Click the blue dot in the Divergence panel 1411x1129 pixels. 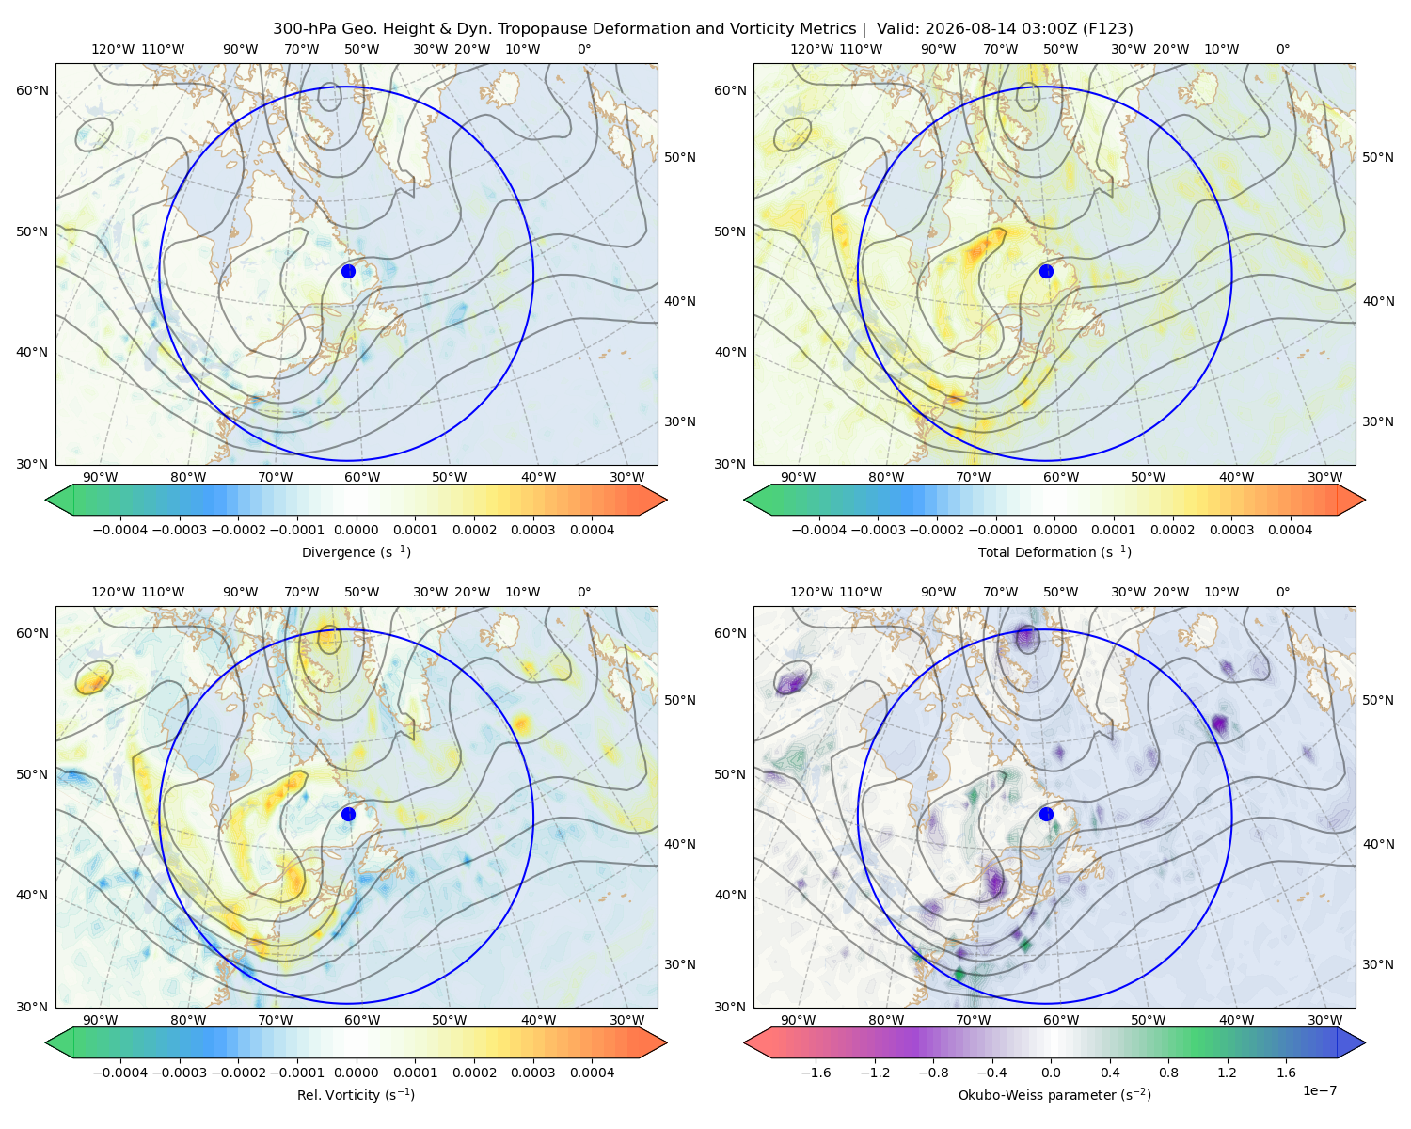coord(348,271)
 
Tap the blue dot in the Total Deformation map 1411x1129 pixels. coord(1046,271)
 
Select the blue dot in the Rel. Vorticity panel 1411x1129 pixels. coord(348,814)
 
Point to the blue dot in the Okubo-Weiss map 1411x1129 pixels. coord(1046,814)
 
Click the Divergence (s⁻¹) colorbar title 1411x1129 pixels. coord(356,551)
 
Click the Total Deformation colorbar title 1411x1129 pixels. coord(1054,551)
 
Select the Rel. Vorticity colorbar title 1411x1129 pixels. coord(356,1094)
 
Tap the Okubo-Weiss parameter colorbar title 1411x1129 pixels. coord(1054,1094)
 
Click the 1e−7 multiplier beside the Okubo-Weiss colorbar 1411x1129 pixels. coord(1319,1090)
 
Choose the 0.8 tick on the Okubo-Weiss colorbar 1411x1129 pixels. coord(1168,1072)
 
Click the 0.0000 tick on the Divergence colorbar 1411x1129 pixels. coord(356,530)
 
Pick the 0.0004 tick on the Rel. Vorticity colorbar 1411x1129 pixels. coord(592,1072)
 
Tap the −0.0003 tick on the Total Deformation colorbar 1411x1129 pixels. coord(878,530)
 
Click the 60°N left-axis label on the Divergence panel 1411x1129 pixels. coord(32,90)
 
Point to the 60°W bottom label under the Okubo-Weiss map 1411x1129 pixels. coord(1060,1020)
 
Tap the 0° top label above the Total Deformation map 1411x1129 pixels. coord(1282,49)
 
